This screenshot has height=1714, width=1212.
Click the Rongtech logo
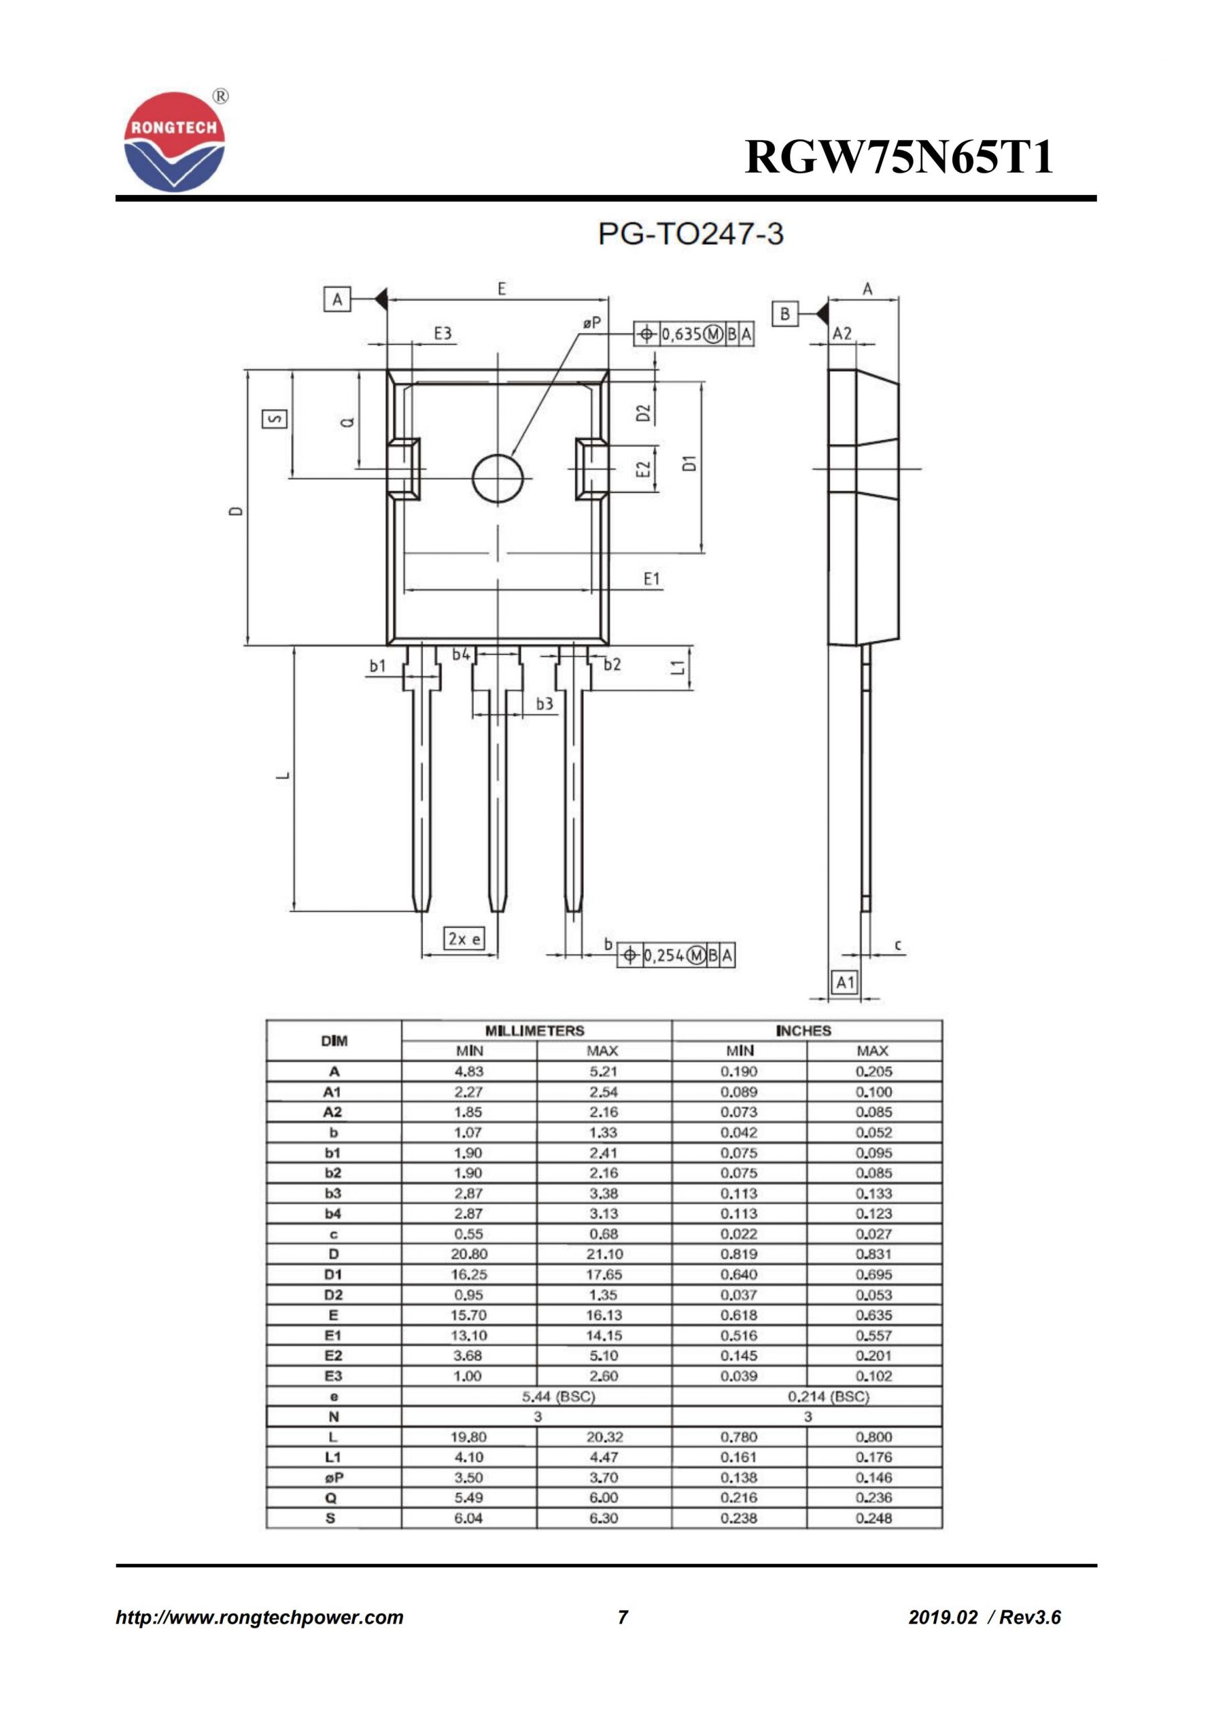[174, 142]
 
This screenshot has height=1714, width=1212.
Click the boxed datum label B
[784, 313]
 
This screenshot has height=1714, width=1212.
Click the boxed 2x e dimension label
[464, 939]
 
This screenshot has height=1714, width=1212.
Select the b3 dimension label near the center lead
[544, 703]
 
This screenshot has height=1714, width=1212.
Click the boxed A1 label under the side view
[844, 982]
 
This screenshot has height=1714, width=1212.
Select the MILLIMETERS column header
[534, 1031]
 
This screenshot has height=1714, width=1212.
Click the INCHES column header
[804, 1031]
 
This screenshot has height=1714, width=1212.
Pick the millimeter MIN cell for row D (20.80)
[469, 1254]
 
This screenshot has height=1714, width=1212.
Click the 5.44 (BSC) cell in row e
[558, 1396]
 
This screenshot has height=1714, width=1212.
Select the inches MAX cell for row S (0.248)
[873, 1518]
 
